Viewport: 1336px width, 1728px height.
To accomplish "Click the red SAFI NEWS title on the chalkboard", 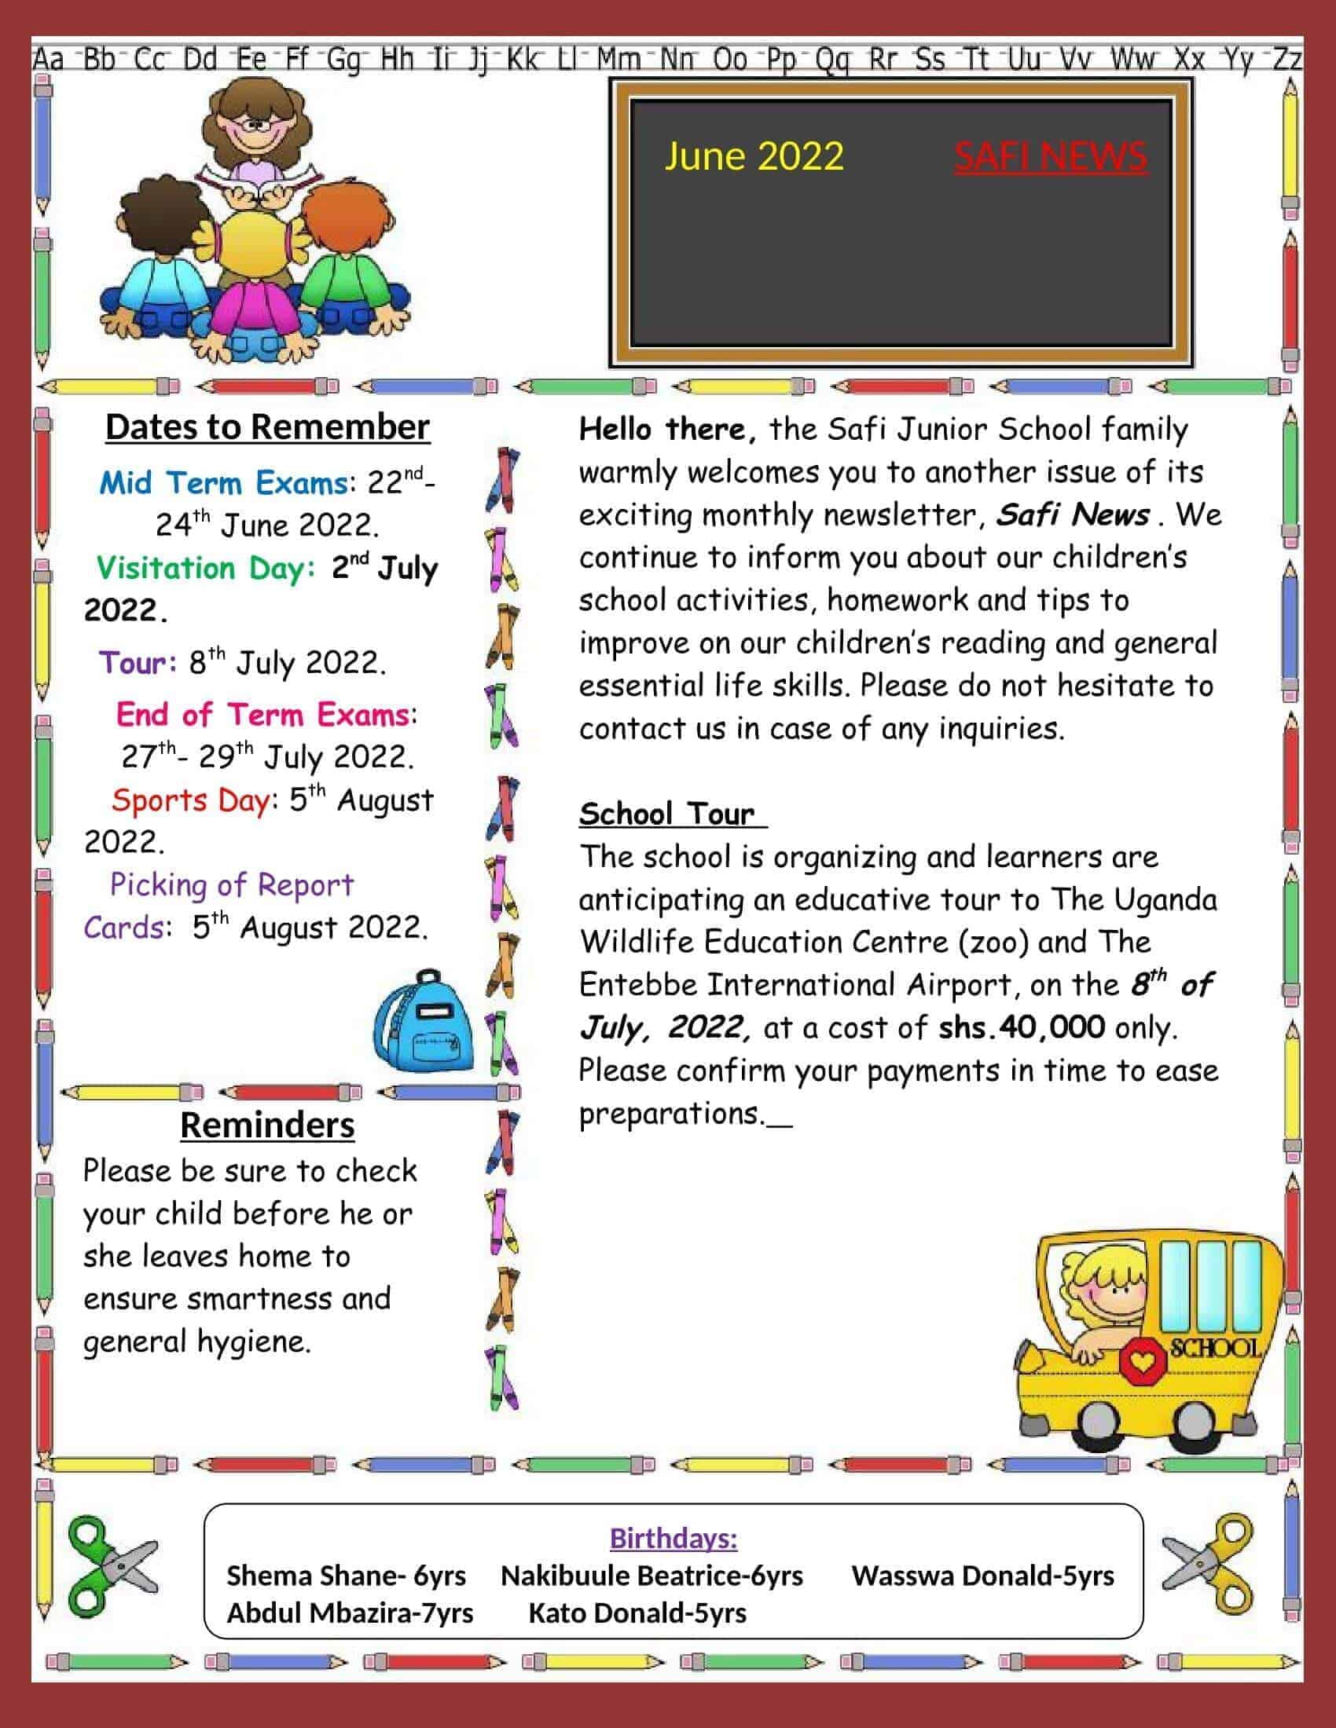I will click(x=1050, y=156).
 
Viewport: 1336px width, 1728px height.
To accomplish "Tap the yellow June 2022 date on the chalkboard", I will click(x=754, y=156).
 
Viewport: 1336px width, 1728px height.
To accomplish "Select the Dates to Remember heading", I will click(x=267, y=427).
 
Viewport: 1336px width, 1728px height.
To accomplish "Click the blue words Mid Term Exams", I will click(x=223, y=482).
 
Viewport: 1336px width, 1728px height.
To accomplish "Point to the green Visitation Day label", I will click(x=205, y=568).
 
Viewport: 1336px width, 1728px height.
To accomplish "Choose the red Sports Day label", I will click(x=191, y=800).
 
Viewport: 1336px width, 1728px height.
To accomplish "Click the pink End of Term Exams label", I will click(x=262, y=715).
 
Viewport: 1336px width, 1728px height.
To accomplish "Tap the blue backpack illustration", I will click(x=424, y=1021).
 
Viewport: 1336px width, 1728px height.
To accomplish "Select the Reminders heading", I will click(x=267, y=1125).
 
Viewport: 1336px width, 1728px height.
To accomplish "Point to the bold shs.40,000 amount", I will click(x=1021, y=1028).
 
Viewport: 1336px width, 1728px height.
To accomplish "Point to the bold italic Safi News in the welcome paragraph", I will click(x=1073, y=515).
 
